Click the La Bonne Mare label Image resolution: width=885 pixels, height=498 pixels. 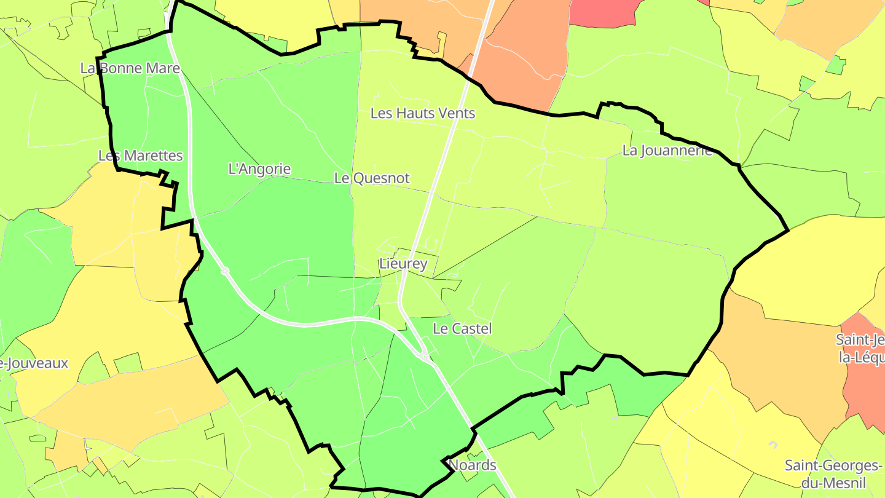[130, 68]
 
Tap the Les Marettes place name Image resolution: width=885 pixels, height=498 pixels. [141, 156]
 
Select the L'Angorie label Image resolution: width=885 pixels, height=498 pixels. [259, 168]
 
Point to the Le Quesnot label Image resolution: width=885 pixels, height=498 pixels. [372, 178]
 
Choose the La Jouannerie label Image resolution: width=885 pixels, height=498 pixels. [667, 151]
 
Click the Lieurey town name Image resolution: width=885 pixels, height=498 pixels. [403, 264]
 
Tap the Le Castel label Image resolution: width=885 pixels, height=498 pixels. [462, 329]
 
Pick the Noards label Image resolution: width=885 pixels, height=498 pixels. [473, 465]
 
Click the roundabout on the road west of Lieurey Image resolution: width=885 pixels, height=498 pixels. [225, 271]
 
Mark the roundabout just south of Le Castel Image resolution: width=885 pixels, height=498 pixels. [424, 356]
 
